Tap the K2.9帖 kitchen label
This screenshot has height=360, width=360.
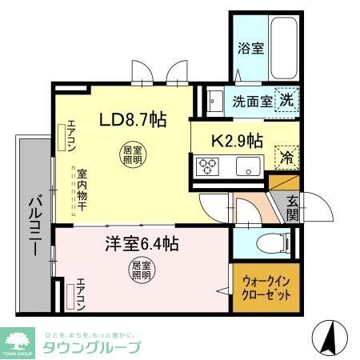pyautogui.click(x=236, y=141)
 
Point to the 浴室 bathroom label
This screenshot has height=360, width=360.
pyautogui.click(x=251, y=49)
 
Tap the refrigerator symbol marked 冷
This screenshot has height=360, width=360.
pyautogui.click(x=285, y=157)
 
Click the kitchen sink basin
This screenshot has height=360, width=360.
pyautogui.click(x=246, y=167)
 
